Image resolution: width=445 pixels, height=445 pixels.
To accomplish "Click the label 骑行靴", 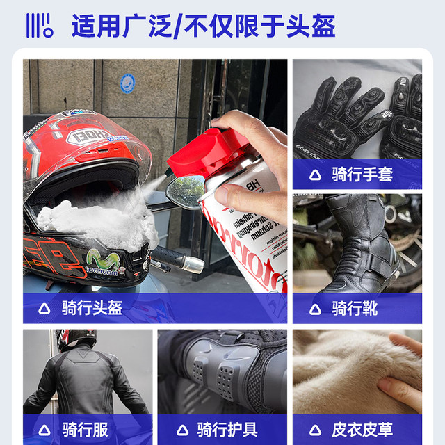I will coord(355,307).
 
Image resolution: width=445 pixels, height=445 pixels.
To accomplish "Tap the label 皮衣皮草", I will coord(362,428).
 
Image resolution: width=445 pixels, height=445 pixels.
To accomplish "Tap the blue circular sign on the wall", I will coord(127,83).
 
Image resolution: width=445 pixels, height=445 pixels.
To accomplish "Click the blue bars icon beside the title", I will coord(39,26).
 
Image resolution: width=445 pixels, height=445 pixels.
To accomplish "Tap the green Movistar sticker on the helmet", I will coord(102,261).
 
